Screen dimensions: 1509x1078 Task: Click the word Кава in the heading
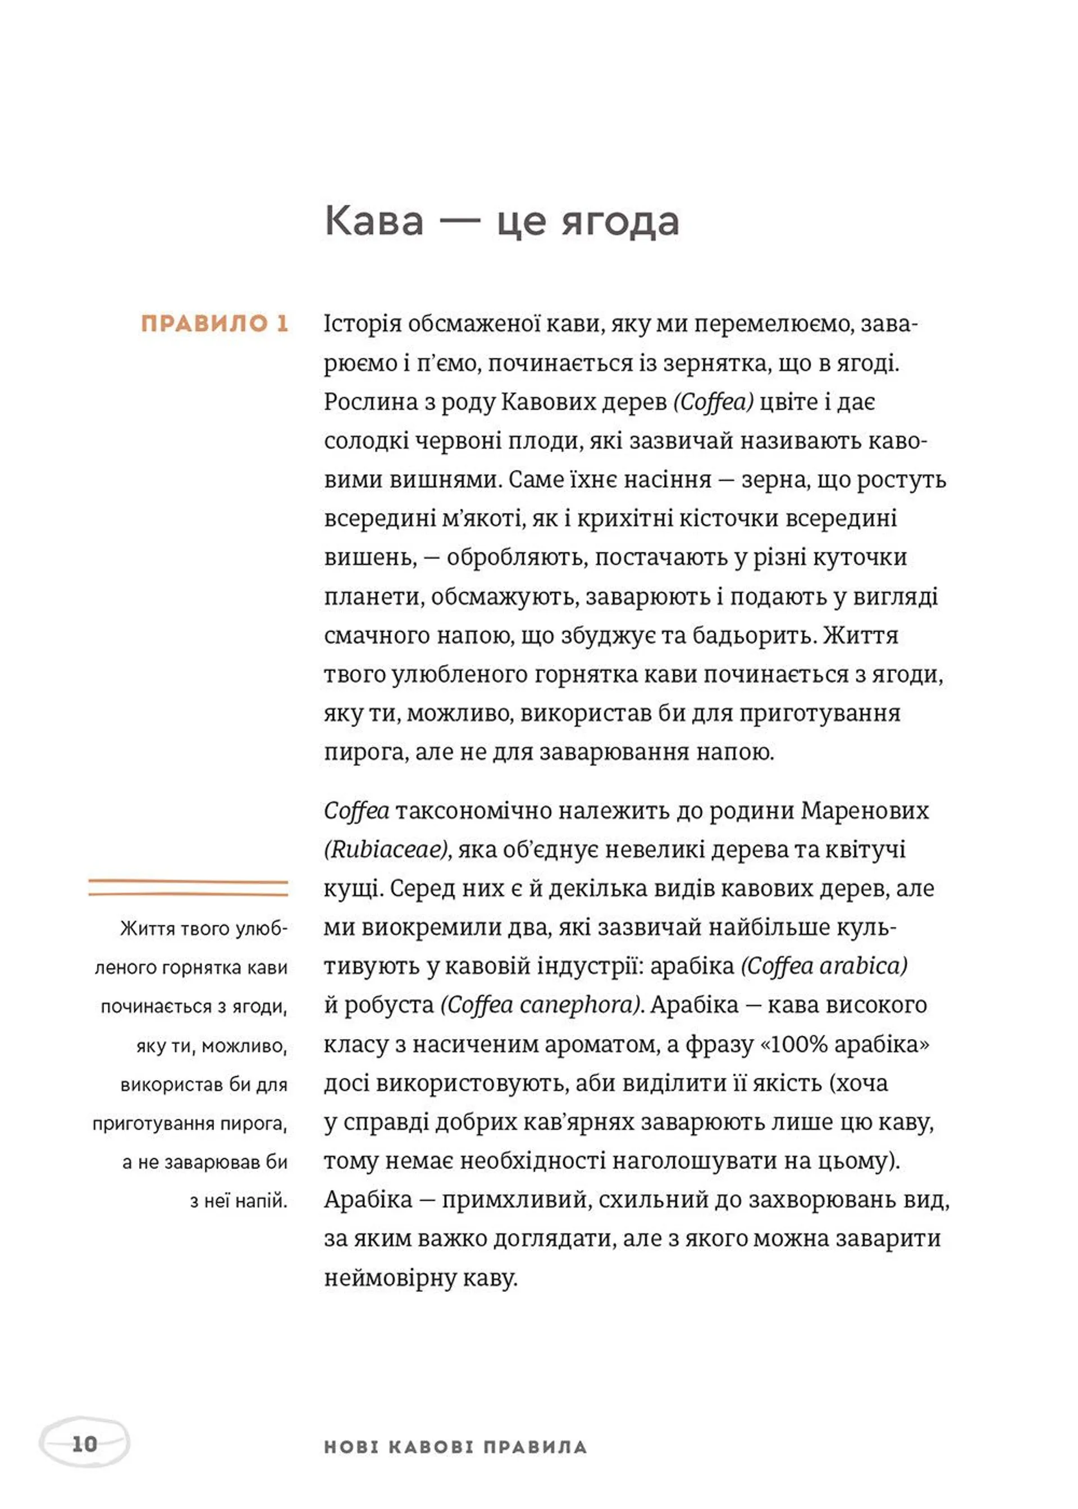[374, 222]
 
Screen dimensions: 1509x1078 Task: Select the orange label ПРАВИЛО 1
[215, 324]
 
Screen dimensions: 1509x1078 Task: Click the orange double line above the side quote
[188, 888]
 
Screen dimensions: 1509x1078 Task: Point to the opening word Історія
[363, 324]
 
